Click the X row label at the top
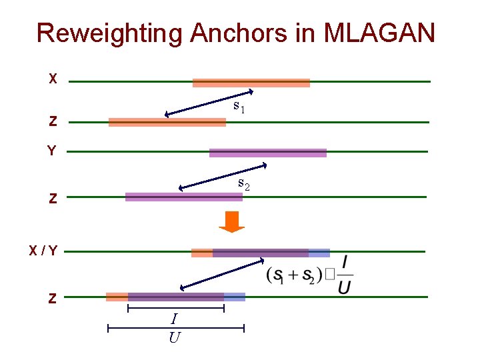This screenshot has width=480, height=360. [x=53, y=79]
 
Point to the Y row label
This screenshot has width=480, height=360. [x=51, y=151]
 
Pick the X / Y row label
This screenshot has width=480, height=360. [x=43, y=251]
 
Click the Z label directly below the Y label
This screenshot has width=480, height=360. [x=53, y=199]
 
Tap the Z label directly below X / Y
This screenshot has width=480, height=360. [x=52, y=299]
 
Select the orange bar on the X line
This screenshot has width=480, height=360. [x=251, y=83]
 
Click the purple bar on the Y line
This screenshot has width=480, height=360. [x=268, y=153]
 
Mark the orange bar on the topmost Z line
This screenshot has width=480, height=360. [x=167, y=122]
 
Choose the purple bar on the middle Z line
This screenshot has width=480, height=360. [x=184, y=197]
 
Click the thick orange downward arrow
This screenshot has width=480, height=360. [x=233, y=222]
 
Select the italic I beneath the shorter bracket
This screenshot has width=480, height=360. [x=175, y=321]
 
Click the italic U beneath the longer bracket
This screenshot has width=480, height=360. [x=175, y=337]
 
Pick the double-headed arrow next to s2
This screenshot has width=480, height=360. [x=223, y=176]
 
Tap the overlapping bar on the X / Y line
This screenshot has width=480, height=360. [x=261, y=253]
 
